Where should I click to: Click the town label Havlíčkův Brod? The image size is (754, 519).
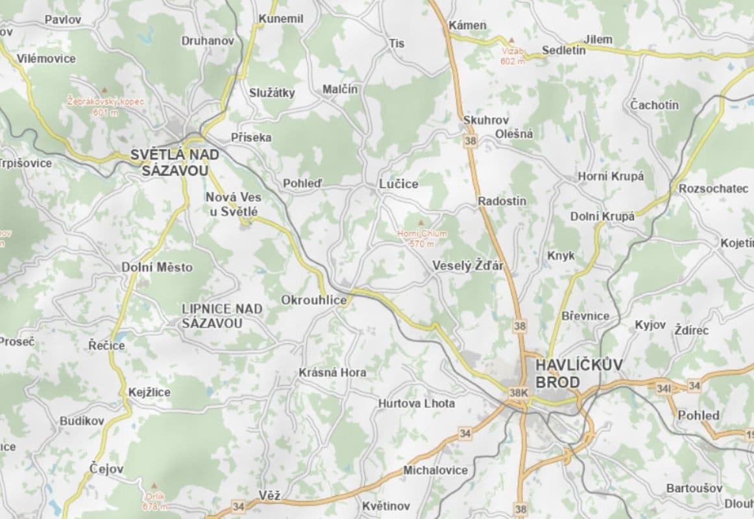pos(579,374)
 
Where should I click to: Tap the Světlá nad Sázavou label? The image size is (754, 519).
pos(175,163)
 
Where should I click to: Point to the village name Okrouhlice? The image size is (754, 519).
pos(314,300)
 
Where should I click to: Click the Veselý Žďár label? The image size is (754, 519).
pos(467,266)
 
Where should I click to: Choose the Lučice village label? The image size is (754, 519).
pos(398,184)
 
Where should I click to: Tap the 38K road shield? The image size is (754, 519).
pos(519,392)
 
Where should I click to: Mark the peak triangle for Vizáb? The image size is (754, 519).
pos(511,40)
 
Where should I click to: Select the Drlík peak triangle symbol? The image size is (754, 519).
pos(154,485)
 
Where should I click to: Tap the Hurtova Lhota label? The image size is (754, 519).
pos(417,404)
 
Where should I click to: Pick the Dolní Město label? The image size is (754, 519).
pos(157,267)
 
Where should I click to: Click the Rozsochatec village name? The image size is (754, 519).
pos(713,189)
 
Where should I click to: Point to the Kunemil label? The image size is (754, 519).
pos(281,19)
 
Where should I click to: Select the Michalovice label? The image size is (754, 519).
pos(435,470)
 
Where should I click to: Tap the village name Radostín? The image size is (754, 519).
pos(502,201)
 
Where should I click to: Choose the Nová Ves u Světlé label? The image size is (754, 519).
pos(232,204)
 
